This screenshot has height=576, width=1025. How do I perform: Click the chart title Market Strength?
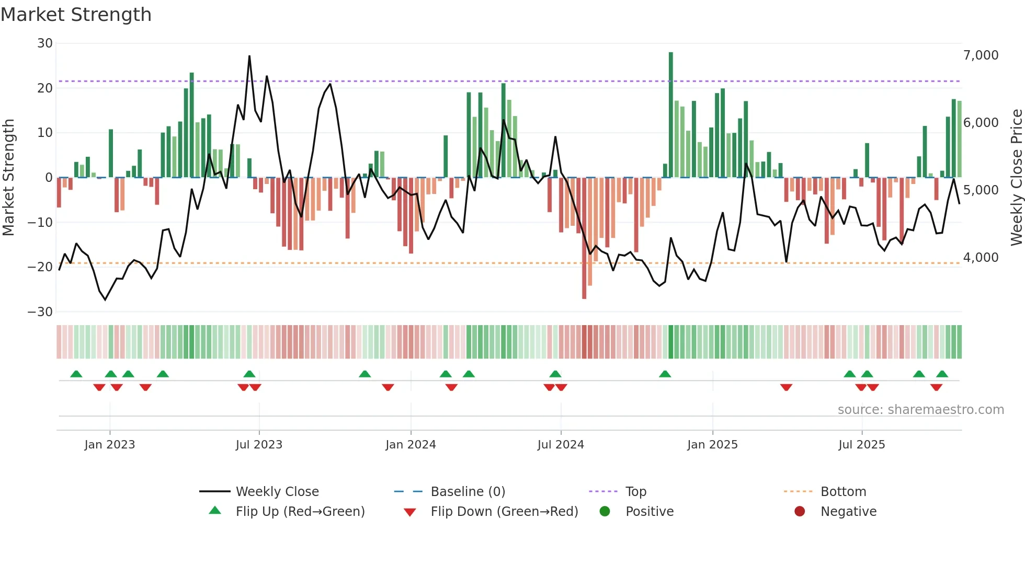76,15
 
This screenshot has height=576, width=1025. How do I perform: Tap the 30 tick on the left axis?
45,43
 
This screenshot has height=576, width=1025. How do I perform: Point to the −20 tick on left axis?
40,267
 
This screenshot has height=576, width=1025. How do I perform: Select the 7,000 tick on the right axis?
981,55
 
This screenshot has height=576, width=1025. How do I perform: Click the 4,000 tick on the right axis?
981,258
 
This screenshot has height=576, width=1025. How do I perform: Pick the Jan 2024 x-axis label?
411,445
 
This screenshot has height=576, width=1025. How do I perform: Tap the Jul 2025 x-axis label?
861,445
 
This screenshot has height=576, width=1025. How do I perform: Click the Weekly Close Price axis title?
1016,178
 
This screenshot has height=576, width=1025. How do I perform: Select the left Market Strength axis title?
9,178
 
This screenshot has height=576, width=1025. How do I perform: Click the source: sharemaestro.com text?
920,410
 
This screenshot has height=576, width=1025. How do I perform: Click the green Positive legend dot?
605,512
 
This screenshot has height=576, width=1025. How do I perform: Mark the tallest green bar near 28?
671,115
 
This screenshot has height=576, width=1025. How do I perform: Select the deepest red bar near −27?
584,238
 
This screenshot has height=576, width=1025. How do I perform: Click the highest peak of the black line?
249,56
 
